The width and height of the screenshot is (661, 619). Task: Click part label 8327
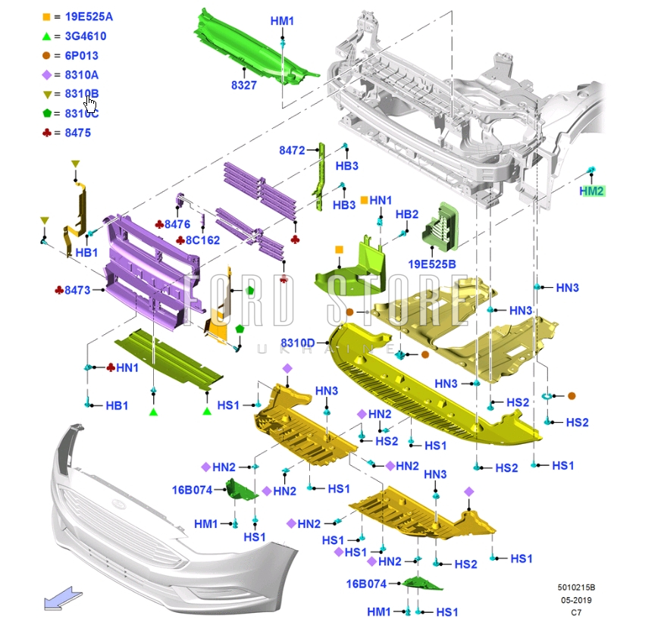(244, 86)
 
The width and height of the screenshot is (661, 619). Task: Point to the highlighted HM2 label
(591, 191)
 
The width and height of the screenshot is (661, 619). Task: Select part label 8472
(291, 151)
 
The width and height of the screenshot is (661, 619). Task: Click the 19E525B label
(432, 264)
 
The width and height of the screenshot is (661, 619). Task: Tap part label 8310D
(298, 342)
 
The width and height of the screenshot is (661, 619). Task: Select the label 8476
(177, 224)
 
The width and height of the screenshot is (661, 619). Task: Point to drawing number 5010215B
(576, 586)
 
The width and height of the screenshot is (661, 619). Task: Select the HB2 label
(407, 214)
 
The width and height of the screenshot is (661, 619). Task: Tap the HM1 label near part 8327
(282, 20)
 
